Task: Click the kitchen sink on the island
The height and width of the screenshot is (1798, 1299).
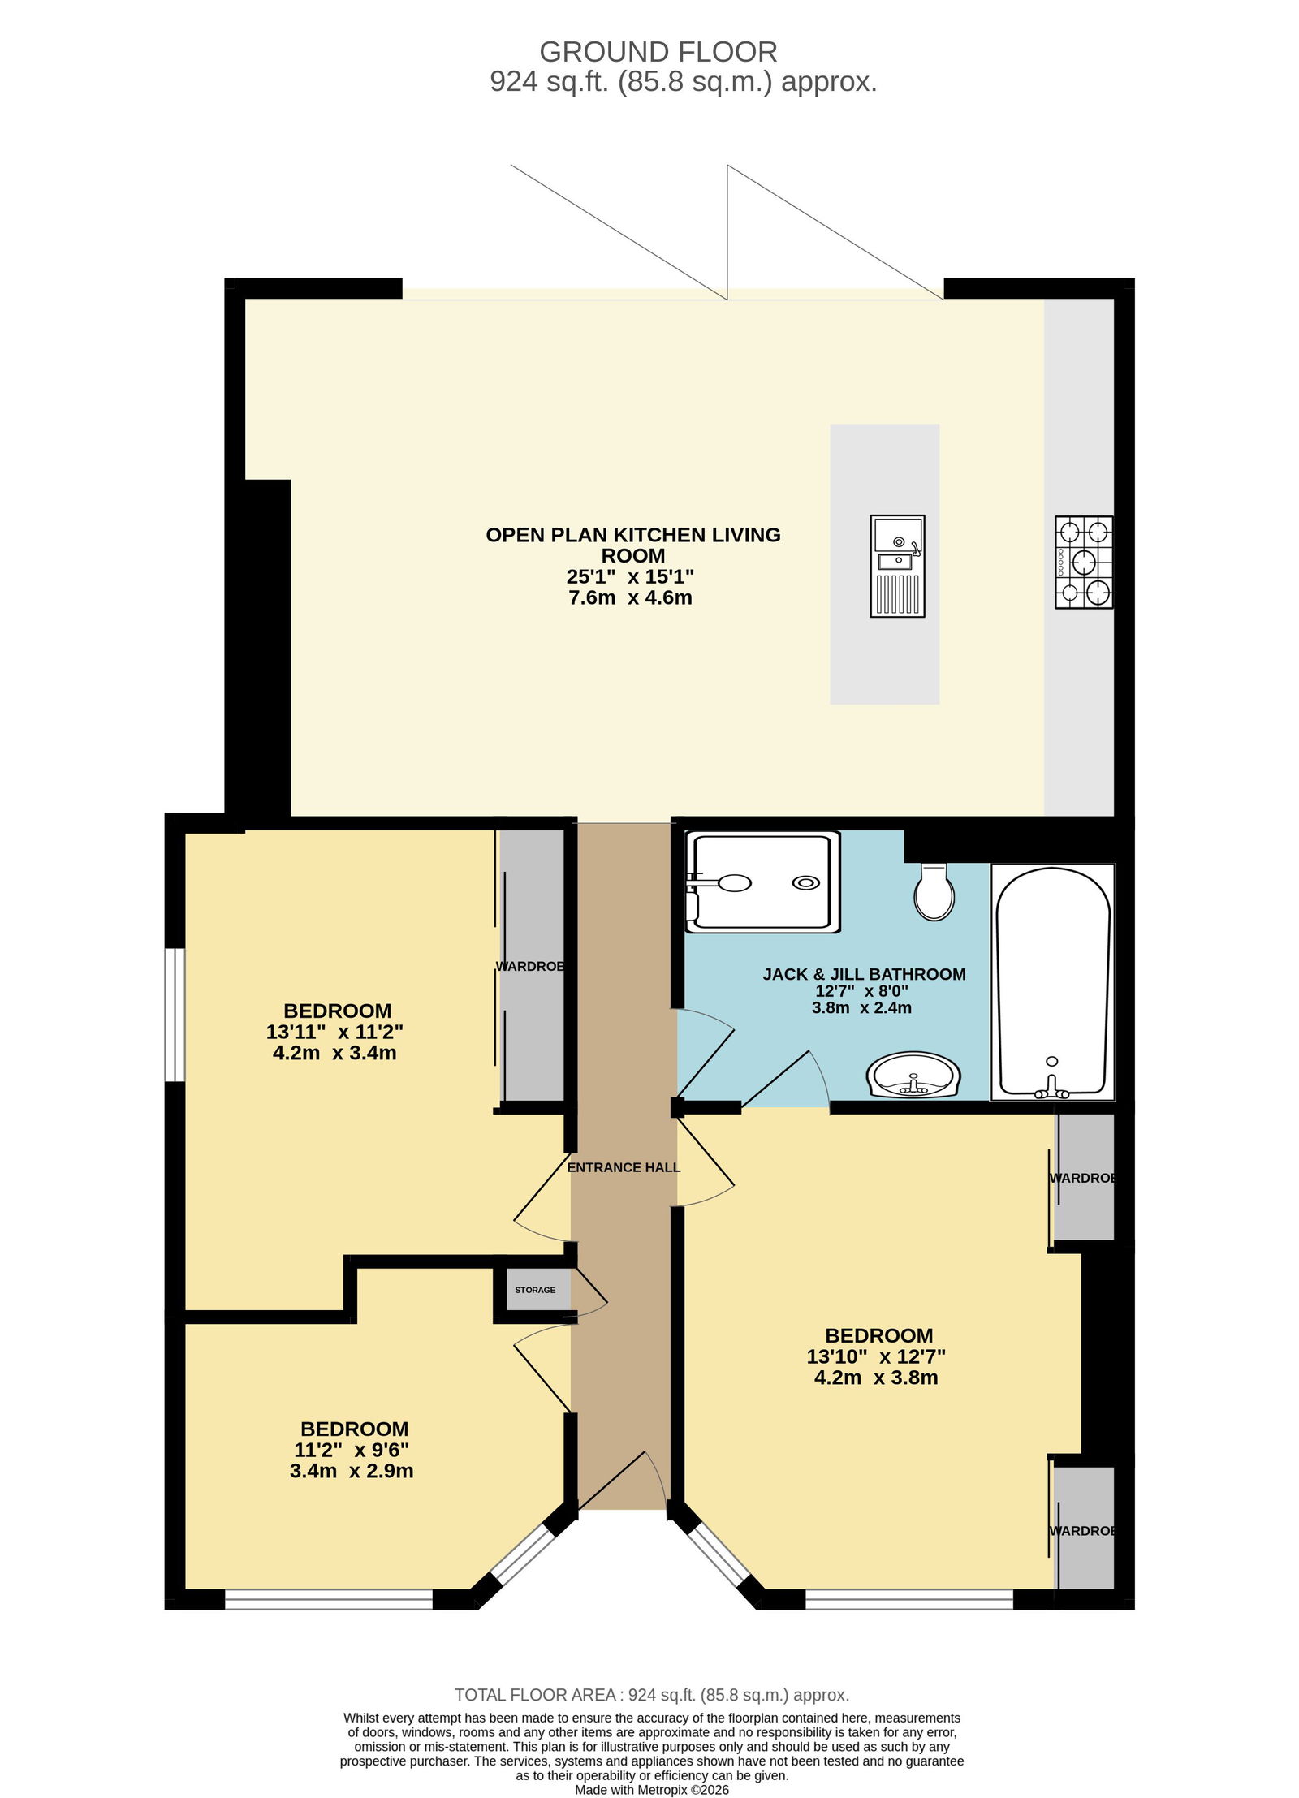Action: pyautogui.click(x=897, y=565)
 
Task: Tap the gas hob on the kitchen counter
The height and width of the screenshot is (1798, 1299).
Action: pyautogui.click(x=1083, y=562)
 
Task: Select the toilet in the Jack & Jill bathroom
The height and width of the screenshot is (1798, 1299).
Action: pyautogui.click(x=934, y=890)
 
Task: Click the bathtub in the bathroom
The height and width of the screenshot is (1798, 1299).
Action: pyautogui.click(x=1052, y=982)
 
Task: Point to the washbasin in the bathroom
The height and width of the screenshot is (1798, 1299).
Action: pyautogui.click(x=913, y=1075)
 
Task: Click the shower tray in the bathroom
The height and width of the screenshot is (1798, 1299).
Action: pyautogui.click(x=762, y=882)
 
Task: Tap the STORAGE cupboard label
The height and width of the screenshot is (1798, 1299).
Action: pyautogui.click(x=535, y=1290)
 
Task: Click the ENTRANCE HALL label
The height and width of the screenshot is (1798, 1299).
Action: pyautogui.click(x=624, y=1167)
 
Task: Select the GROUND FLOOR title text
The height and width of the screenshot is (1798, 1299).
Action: pyautogui.click(x=658, y=52)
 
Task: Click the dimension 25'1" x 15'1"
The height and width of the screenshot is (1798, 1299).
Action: pyautogui.click(x=630, y=577)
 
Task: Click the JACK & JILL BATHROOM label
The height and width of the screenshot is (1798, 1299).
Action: pyautogui.click(x=864, y=974)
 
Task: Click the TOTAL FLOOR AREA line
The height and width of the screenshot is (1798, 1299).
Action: pyautogui.click(x=651, y=1695)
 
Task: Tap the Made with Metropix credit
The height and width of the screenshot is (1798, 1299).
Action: pyautogui.click(x=652, y=1790)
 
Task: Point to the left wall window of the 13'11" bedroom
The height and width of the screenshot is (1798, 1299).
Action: pyautogui.click(x=175, y=1015)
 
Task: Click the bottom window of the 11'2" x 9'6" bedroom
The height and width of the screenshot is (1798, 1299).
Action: pyautogui.click(x=329, y=1599)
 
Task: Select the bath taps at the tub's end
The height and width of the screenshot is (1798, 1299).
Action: pyautogui.click(x=1052, y=1083)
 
